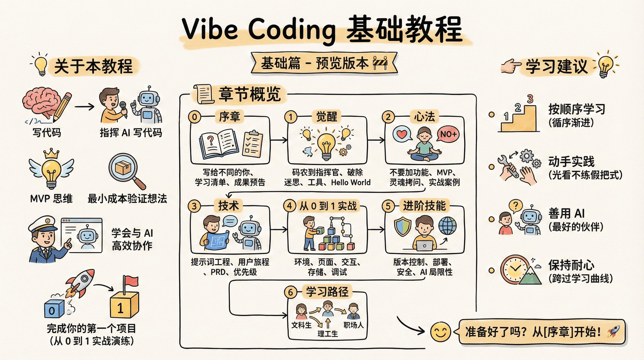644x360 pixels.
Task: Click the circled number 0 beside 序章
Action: click(x=195, y=117)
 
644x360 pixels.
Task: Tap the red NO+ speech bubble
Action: click(x=448, y=134)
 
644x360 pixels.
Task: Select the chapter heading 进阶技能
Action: click(x=424, y=206)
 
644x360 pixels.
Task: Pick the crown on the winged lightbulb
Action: click(x=52, y=153)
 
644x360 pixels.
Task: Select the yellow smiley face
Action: click(x=440, y=332)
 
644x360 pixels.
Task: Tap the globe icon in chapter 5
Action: click(x=448, y=225)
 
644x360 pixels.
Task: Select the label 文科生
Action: click(x=301, y=325)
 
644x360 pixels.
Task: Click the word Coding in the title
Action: click(x=291, y=29)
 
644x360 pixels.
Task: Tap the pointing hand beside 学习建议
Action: click(x=511, y=65)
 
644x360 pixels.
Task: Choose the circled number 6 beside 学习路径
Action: click(x=291, y=292)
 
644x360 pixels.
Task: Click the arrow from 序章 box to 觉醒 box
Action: click(x=279, y=140)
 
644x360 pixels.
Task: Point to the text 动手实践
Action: click(x=571, y=161)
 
